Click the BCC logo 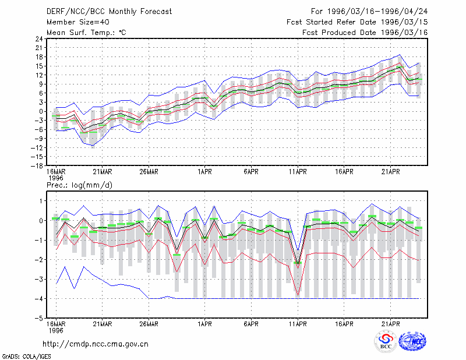pyautogui.click(x=386, y=341)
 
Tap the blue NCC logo pyautogui.click(x=412, y=341)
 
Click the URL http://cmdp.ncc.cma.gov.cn pyautogui.click(x=96, y=344)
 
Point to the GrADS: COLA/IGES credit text pyautogui.click(x=26, y=357)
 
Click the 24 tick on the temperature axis pyautogui.click(x=39, y=38)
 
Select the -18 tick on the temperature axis pyautogui.click(x=37, y=165)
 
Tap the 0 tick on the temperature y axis pyautogui.click(x=41, y=111)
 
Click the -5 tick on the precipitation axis pyautogui.click(x=39, y=318)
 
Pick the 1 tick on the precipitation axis pyautogui.click(x=41, y=201)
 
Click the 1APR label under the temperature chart pyautogui.click(x=204, y=172)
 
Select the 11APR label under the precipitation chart pyautogui.click(x=298, y=324)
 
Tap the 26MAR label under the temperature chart pyautogui.click(x=149, y=172)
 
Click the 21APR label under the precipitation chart pyautogui.click(x=390, y=324)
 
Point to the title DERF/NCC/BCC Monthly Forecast pyautogui.click(x=109, y=12)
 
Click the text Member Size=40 pyautogui.click(x=78, y=22)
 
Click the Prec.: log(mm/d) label pyautogui.click(x=79, y=185)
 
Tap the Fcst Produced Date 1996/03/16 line pyautogui.click(x=365, y=33)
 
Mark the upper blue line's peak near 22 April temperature pyautogui.click(x=400, y=55)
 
